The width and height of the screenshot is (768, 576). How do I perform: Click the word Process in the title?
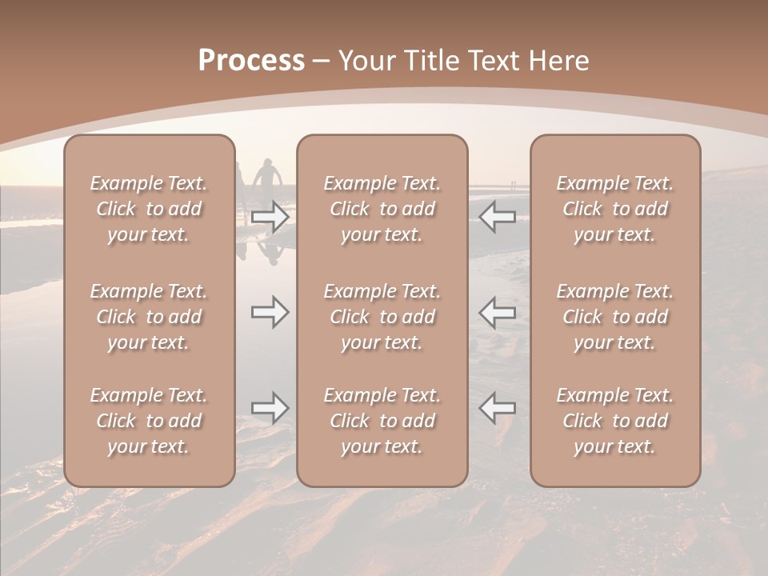(251, 61)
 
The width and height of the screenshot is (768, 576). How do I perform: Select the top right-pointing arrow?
(270, 217)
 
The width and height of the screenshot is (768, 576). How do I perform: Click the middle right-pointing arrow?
(270, 312)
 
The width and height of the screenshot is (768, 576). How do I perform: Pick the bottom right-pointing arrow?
(270, 408)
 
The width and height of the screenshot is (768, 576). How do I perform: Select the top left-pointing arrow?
(497, 217)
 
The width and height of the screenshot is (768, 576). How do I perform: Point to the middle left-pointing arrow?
(497, 312)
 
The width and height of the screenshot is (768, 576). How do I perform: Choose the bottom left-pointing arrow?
(497, 408)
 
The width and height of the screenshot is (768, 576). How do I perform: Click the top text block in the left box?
(149, 209)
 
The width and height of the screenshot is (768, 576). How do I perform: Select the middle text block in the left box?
(149, 317)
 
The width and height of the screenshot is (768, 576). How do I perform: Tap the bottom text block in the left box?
(149, 421)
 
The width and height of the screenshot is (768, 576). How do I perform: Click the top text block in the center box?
(382, 209)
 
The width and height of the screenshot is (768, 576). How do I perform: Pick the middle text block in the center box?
(382, 317)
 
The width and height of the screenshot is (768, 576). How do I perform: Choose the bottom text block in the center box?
(382, 421)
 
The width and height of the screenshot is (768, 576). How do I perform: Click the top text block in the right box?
(614, 209)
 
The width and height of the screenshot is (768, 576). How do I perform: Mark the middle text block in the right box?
(614, 317)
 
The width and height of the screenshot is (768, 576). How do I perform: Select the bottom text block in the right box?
(614, 421)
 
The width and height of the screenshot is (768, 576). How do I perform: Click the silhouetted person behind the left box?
(267, 180)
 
